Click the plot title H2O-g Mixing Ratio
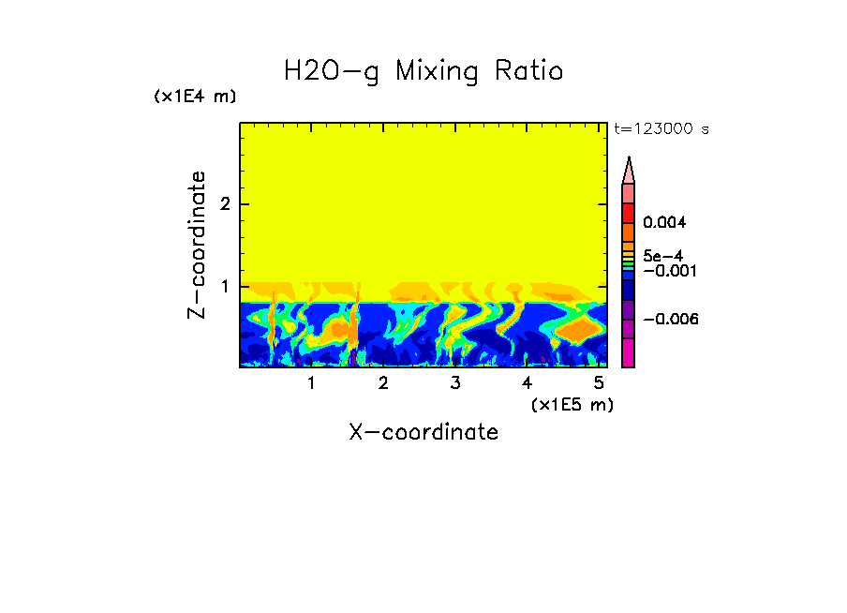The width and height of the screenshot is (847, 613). click(x=423, y=71)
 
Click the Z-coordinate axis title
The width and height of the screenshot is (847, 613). click(x=197, y=244)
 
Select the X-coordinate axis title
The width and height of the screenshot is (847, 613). click(x=423, y=432)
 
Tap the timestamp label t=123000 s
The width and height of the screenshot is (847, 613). click(x=661, y=129)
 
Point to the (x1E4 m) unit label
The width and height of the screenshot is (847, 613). click(x=195, y=97)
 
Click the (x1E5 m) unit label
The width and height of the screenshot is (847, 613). click(x=572, y=404)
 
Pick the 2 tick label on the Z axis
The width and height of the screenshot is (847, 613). click(x=224, y=204)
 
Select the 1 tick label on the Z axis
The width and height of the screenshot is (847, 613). click(x=224, y=286)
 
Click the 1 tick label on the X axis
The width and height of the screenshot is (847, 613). click(x=311, y=382)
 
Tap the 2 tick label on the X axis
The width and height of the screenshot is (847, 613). click(x=383, y=382)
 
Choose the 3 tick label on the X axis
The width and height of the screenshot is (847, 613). click(x=454, y=382)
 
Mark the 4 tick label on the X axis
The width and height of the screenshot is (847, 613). click(x=527, y=382)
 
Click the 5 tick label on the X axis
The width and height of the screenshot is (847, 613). click(x=599, y=382)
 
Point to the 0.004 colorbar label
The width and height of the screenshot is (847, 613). click(x=664, y=223)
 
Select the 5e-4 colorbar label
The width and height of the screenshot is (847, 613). click(x=662, y=255)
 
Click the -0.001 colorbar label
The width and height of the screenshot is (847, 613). click(x=666, y=270)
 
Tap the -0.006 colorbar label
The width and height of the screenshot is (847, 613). click(x=666, y=319)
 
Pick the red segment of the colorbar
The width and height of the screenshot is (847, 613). click(x=629, y=213)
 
